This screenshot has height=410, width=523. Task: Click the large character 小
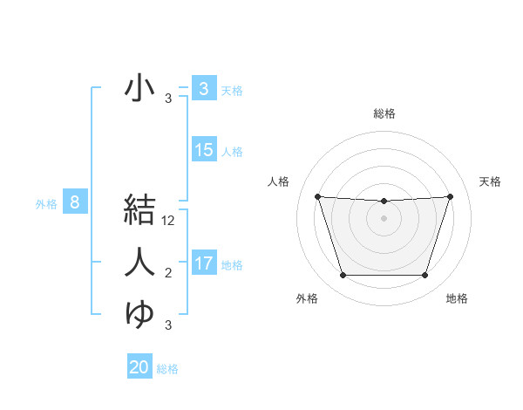click(x=139, y=88)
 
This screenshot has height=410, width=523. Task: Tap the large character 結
click(x=139, y=208)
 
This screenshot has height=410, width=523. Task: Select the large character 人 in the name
click(x=139, y=262)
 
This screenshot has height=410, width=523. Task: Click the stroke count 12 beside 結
click(x=169, y=221)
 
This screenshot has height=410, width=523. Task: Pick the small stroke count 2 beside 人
click(x=168, y=274)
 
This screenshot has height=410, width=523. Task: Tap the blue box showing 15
click(x=204, y=150)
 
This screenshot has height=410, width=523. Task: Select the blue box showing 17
click(x=204, y=263)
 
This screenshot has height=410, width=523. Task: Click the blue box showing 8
click(x=75, y=203)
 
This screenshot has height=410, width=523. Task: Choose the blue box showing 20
click(x=139, y=367)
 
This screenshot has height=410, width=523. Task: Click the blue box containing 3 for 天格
click(x=204, y=88)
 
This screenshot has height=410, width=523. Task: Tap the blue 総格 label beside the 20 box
click(x=167, y=369)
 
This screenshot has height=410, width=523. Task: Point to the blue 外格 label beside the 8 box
click(x=46, y=204)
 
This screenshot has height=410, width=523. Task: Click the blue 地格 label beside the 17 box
click(x=233, y=264)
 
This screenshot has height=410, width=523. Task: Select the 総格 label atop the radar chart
click(x=384, y=113)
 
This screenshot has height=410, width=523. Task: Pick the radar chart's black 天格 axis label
click(x=491, y=181)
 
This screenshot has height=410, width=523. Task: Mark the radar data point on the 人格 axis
click(x=317, y=196)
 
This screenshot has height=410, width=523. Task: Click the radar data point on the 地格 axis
click(x=425, y=276)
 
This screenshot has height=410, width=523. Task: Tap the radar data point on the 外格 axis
click(x=343, y=276)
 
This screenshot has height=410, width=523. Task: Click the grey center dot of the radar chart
click(x=384, y=218)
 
